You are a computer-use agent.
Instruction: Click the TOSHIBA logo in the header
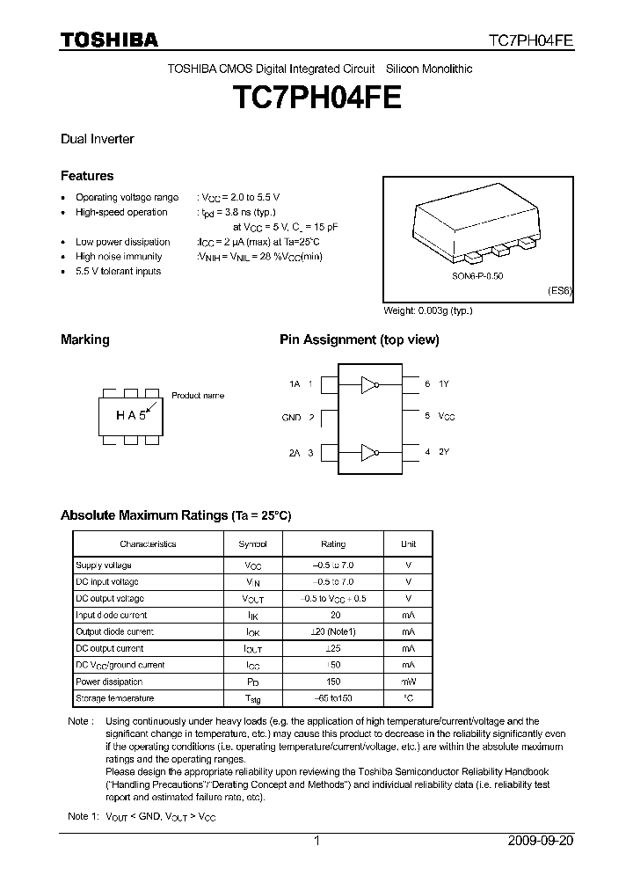pos(109,40)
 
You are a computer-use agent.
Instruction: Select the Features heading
pos(87,176)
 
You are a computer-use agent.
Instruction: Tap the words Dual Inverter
pos(97,139)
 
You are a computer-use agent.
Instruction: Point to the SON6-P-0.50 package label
pos(477,275)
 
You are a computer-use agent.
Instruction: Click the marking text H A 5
pos(129,416)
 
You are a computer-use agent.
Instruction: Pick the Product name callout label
pos(198,396)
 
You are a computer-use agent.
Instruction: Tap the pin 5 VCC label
pos(440,416)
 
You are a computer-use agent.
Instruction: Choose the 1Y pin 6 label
pos(437,384)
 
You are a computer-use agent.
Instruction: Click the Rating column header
pos(333,544)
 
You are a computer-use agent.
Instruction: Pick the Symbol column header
pos(252,544)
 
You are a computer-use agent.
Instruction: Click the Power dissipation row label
pos(109,682)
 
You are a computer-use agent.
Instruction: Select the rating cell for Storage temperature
pos(333,698)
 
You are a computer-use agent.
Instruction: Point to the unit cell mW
pos(408,682)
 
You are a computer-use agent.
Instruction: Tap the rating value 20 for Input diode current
pos(333,616)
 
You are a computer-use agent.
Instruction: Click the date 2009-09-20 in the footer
pos(541,841)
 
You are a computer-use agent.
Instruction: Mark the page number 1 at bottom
pos(316,841)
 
